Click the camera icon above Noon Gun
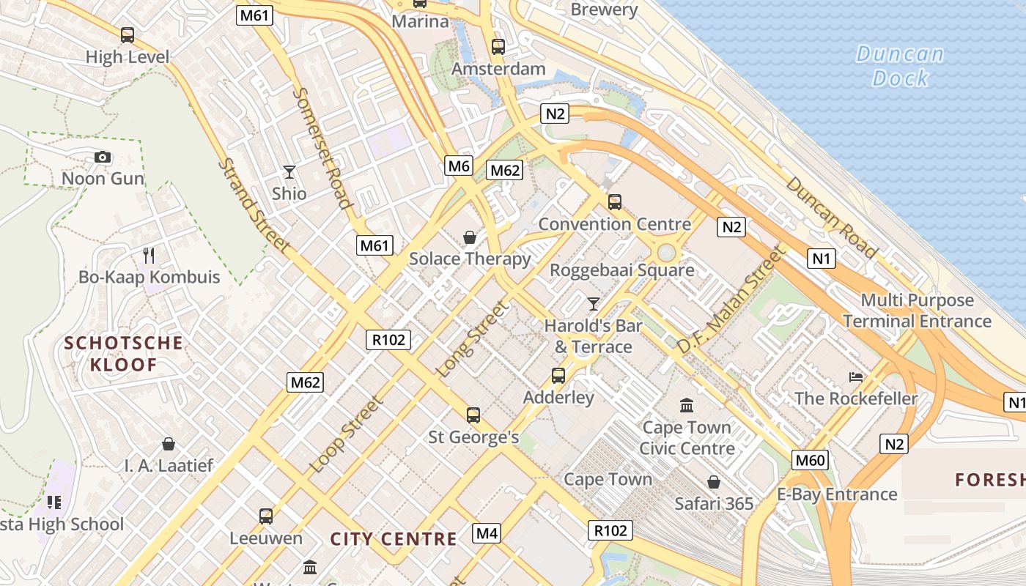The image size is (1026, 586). coord(103,157)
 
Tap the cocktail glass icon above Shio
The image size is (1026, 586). coord(289,172)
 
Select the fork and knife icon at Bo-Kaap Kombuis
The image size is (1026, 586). coord(150,255)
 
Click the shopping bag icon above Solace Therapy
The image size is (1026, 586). coord(470,237)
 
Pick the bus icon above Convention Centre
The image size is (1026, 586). coord(615,201)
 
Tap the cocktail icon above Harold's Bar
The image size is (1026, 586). coord(594,303)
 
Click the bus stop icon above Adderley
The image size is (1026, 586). coord(558,376)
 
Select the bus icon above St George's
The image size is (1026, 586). coord(473,415)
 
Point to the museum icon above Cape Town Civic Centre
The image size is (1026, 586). coord(687,405)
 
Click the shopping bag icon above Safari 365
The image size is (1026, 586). coord(714,482)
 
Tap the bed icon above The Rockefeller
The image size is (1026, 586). coord(856,377)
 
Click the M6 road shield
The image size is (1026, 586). coord(459,166)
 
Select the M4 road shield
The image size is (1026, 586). coord(487,533)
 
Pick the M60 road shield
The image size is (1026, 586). coord(811,460)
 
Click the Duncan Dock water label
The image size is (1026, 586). coord(901,66)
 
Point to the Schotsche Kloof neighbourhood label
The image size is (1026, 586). coord(123,354)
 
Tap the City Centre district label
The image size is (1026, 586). coord(394,540)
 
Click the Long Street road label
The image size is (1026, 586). coord(472,339)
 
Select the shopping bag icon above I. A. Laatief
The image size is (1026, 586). coord(169,444)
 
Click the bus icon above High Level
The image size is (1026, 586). coord(128,34)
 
